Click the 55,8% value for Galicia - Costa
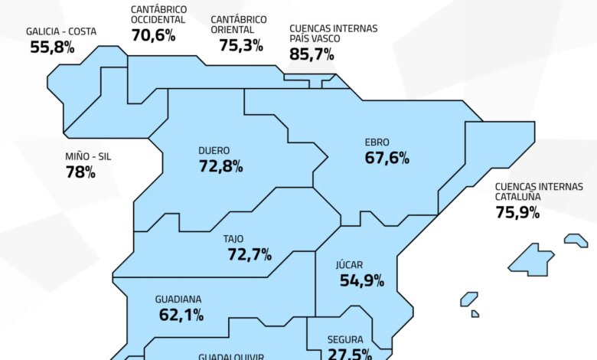point(52,47)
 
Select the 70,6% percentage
point(153,34)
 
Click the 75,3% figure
point(241,45)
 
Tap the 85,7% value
point(312,54)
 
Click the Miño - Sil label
point(88,156)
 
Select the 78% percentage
point(80,172)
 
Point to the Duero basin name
point(214,151)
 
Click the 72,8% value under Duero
point(220,166)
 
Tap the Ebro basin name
point(377,142)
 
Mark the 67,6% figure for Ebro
point(387,159)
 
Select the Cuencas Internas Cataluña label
point(539,191)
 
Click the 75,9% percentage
point(517,213)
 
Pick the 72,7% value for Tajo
point(250,254)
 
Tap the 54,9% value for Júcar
point(361,280)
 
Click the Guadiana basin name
point(178,299)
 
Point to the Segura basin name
point(345,339)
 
